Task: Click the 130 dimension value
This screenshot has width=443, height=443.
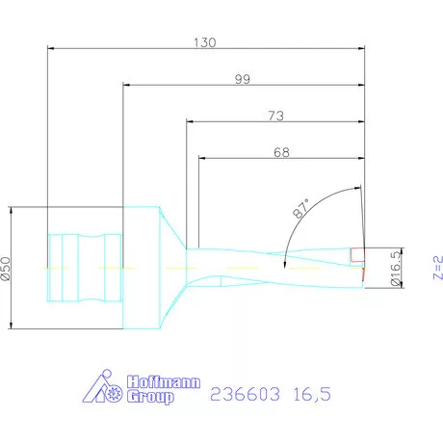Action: click(x=204, y=42)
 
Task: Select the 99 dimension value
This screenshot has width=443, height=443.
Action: click(x=243, y=79)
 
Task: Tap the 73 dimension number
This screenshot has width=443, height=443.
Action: click(x=274, y=116)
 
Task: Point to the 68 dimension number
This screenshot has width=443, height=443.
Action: click(x=280, y=151)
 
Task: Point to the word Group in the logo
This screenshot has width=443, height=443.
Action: click(x=151, y=396)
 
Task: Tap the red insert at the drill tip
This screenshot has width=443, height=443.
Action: click(x=359, y=255)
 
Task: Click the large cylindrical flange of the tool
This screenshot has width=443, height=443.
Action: click(x=141, y=267)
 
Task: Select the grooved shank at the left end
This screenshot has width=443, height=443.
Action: click(x=84, y=267)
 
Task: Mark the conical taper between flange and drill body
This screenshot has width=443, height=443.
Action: click(x=173, y=267)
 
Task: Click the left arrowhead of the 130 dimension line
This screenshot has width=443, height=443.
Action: click(x=51, y=48)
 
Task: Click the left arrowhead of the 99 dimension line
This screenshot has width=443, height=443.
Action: click(x=127, y=85)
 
